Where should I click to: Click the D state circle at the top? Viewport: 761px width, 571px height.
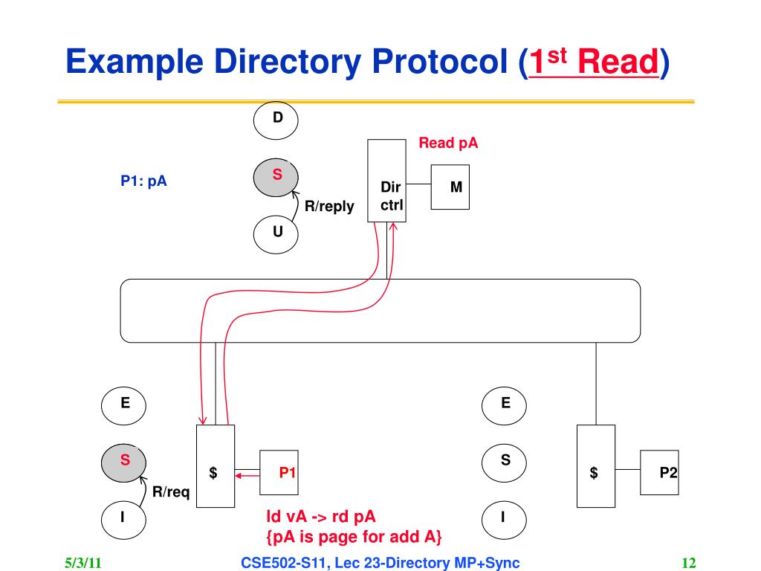pyautogui.click(x=277, y=119)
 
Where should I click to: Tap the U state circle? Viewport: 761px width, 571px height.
pyautogui.click(x=277, y=232)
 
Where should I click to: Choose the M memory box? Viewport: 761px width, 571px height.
pyautogui.click(x=456, y=187)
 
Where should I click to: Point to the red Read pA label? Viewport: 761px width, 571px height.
pyautogui.click(x=448, y=143)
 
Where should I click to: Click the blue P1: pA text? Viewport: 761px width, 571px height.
pyautogui.click(x=144, y=180)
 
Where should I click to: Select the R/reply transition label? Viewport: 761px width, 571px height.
pyautogui.click(x=329, y=206)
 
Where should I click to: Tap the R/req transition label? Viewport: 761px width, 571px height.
pyautogui.click(x=171, y=491)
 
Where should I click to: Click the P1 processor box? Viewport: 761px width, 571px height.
pyautogui.click(x=279, y=473)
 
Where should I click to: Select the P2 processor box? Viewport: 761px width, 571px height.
pyautogui.click(x=659, y=473)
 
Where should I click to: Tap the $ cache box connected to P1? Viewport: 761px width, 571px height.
pyautogui.click(x=215, y=466)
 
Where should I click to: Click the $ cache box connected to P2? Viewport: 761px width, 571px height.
pyautogui.click(x=595, y=466)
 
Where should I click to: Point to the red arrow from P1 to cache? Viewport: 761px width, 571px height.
pyautogui.click(x=247, y=474)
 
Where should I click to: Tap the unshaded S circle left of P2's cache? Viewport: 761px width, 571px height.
pyautogui.click(x=505, y=461)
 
